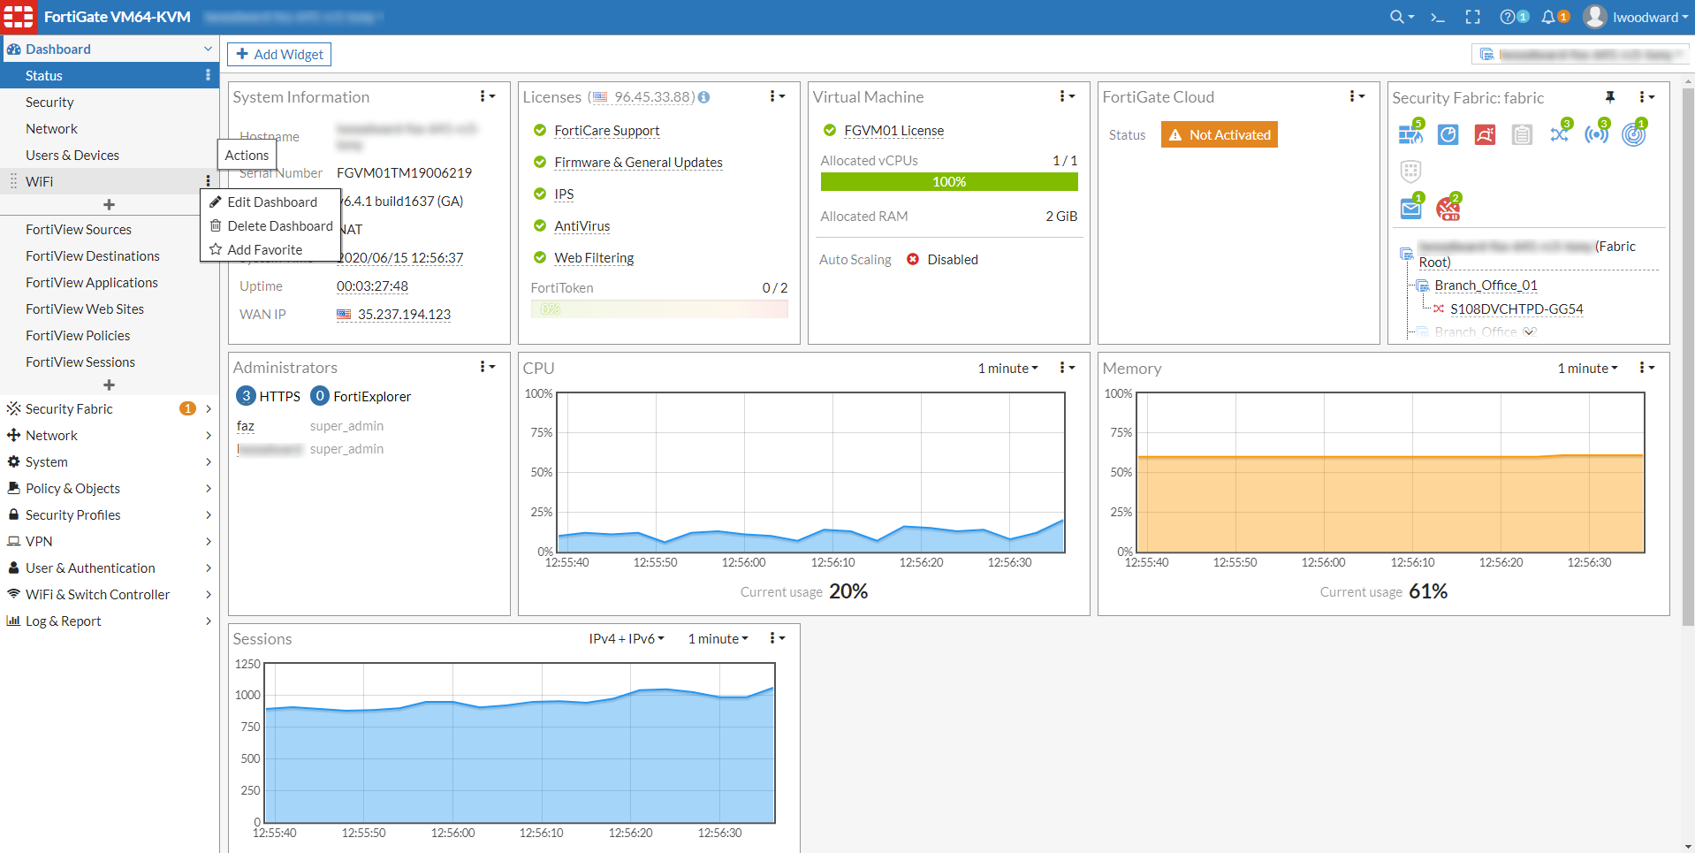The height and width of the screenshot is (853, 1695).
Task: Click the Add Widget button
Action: (x=279, y=55)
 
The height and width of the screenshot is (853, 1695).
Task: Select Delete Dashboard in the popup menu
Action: (x=279, y=226)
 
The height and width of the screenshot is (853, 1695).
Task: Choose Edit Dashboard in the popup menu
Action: (x=271, y=202)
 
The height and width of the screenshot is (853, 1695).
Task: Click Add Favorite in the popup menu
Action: (x=264, y=250)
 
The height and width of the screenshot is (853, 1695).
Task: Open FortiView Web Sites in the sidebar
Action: (x=85, y=309)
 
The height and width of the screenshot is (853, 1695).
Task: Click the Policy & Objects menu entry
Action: (x=72, y=489)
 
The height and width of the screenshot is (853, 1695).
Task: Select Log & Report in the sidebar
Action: (x=63, y=621)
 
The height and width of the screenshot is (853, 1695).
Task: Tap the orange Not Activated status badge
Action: (x=1220, y=135)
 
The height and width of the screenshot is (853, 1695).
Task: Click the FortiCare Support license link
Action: (x=606, y=131)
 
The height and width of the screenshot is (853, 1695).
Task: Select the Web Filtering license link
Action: (x=594, y=258)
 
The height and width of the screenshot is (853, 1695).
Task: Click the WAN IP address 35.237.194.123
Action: (x=404, y=315)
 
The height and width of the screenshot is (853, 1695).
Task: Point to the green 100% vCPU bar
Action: (x=948, y=182)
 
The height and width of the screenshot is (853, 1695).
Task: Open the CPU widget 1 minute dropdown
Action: (x=1007, y=369)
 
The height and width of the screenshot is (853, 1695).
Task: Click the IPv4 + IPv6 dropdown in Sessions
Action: (x=626, y=639)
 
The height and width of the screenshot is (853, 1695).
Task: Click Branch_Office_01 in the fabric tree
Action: (x=1486, y=286)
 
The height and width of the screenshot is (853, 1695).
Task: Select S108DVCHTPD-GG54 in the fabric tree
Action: (x=1516, y=309)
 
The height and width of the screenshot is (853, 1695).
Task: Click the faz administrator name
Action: (x=246, y=426)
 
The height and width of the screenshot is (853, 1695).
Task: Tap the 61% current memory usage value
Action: (x=1428, y=591)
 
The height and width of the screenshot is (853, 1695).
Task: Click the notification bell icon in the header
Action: (x=1548, y=18)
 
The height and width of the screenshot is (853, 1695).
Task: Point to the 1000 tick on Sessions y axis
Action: (x=247, y=696)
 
